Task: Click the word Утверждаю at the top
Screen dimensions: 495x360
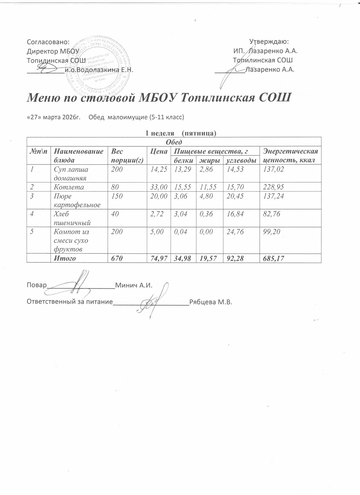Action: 269,42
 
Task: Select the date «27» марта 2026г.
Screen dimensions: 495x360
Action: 54,117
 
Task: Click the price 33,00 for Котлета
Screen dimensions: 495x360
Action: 158,187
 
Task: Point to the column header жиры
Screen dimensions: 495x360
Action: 210,160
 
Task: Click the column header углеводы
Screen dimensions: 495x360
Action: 241,160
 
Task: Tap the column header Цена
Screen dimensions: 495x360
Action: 158,151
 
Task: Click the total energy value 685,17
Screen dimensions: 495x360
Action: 273,258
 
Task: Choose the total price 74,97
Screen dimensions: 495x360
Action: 158,258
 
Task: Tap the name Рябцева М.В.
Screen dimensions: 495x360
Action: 210,302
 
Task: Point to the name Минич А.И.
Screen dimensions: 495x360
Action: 134,285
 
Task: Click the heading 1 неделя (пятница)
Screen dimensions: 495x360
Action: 180,133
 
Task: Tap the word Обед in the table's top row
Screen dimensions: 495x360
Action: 174,142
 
